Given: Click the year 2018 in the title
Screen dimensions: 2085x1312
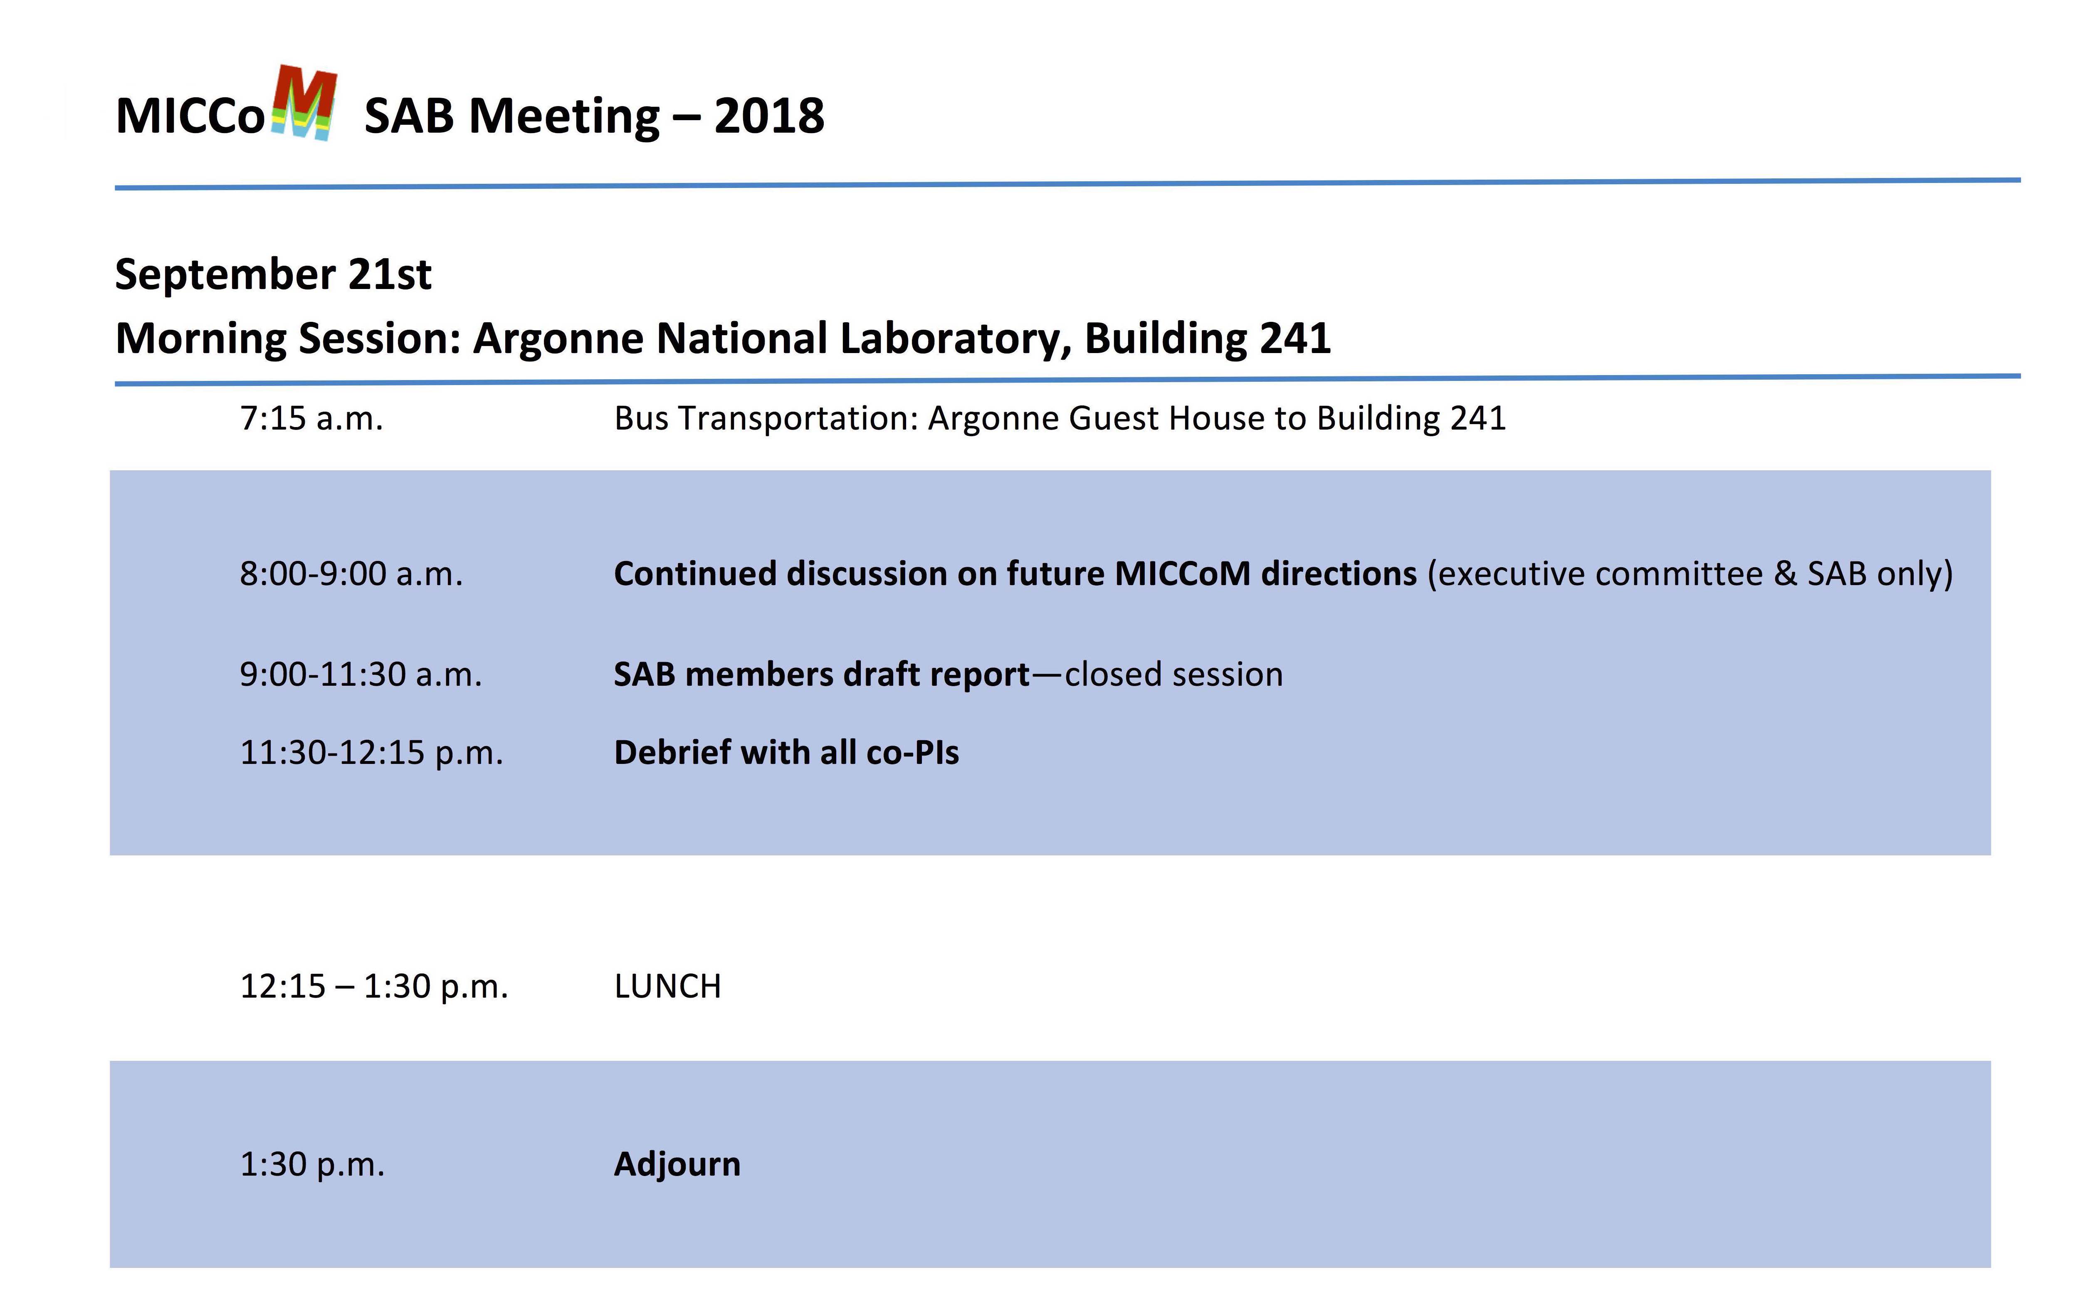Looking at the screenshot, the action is pos(769,116).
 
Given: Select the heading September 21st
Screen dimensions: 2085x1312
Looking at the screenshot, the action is pos(273,274).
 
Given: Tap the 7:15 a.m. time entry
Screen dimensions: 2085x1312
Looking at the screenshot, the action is pos(311,418).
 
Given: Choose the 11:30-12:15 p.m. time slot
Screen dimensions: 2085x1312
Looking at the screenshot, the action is pos(371,753).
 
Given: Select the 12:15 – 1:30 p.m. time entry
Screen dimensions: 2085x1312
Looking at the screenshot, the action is pos(374,986).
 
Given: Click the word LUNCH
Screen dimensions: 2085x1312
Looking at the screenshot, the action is pos(667,986).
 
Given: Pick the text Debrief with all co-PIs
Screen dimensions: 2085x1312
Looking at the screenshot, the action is pos(786,753).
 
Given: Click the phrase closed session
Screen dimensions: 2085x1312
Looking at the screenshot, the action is pos(1173,675).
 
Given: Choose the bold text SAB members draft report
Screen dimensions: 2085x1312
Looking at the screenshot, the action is pos(822,675).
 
